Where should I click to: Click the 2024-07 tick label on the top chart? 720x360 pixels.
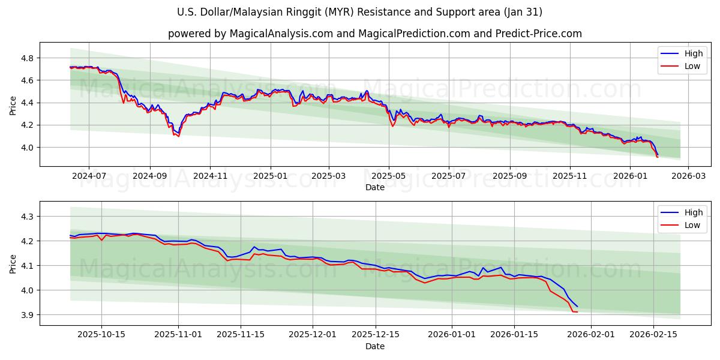[89, 176]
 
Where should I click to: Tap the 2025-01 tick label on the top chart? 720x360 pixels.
[270, 176]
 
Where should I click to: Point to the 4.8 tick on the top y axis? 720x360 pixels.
[28, 58]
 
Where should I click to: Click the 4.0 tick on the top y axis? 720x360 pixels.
[28, 148]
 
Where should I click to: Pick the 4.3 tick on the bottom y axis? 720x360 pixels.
[28, 216]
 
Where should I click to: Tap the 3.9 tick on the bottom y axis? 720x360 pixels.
[28, 315]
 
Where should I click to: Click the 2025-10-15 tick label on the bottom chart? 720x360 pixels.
[101, 335]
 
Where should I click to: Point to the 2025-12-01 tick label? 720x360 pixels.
[313, 335]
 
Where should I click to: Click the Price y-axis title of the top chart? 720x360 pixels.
[13, 104]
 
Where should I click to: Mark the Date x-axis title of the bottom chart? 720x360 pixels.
[375, 346]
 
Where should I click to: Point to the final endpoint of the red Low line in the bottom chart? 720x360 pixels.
[577, 312]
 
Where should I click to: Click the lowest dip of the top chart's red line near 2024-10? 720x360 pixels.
[178, 136]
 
